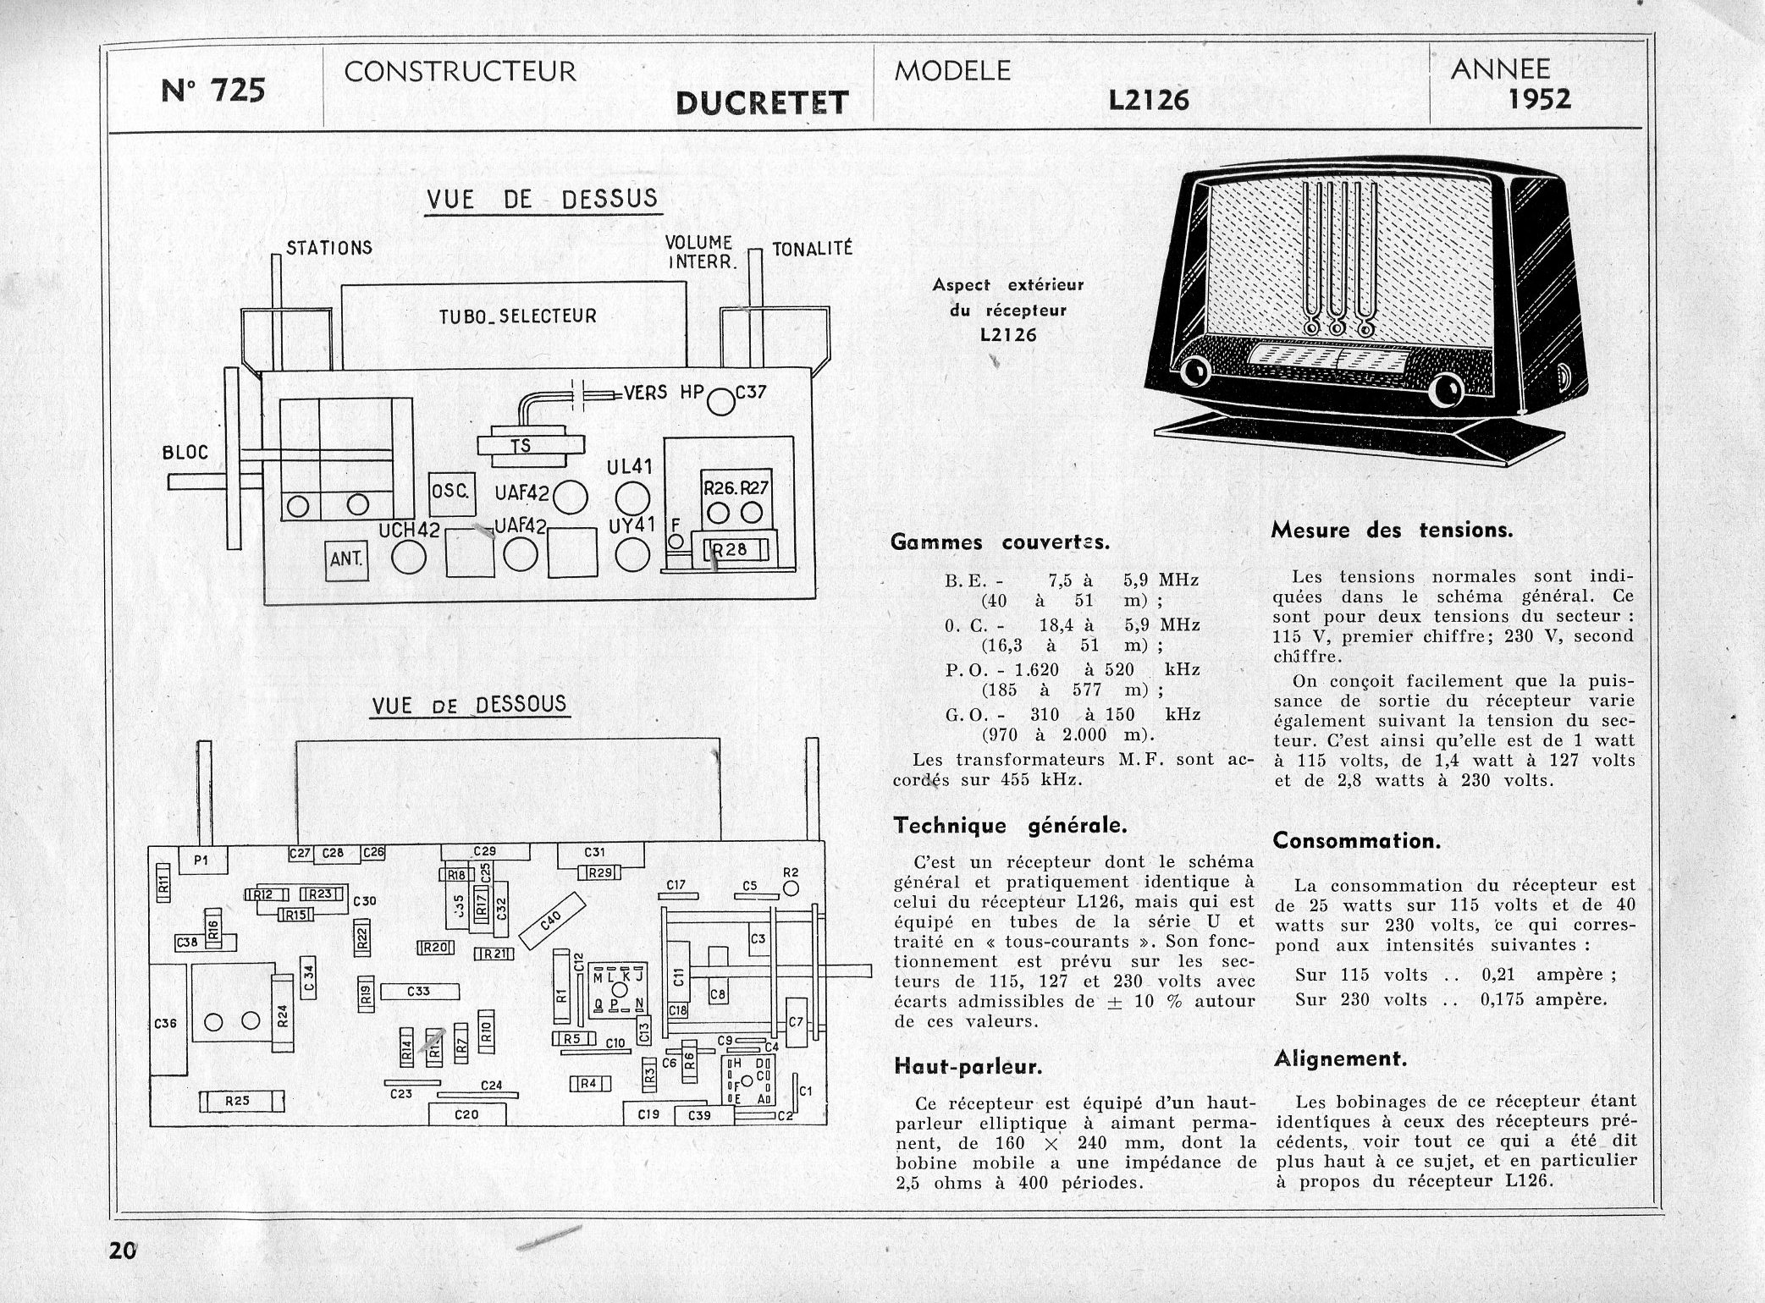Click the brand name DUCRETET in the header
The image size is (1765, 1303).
click(761, 103)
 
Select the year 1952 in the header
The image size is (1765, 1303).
click(1539, 100)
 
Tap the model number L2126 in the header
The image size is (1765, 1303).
click(1149, 101)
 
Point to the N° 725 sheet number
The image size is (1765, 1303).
click(212, 90)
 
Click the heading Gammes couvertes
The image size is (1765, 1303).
click(1000, 542)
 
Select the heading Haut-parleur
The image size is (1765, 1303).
click(968, 1067)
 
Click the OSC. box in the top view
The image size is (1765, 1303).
click(452, 492)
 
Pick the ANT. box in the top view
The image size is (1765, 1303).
click(347, 559)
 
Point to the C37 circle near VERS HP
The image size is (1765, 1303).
click(720, 401)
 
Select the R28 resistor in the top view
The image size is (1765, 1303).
click(730, 550)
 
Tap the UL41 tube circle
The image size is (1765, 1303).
click(632, 498)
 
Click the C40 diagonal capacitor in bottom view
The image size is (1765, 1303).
click(551, 920)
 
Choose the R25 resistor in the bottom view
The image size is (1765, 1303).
click(240, 1101)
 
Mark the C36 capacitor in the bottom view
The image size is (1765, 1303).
click(167, 1022)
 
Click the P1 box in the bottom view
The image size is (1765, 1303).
click(201, 860)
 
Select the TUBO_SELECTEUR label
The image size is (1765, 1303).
click(517, 316)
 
